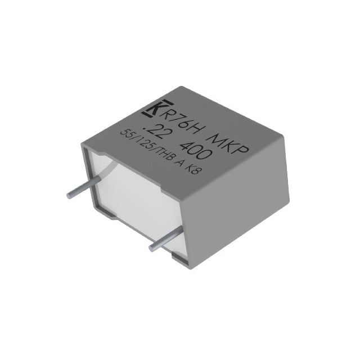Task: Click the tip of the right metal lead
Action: [151, 247]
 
